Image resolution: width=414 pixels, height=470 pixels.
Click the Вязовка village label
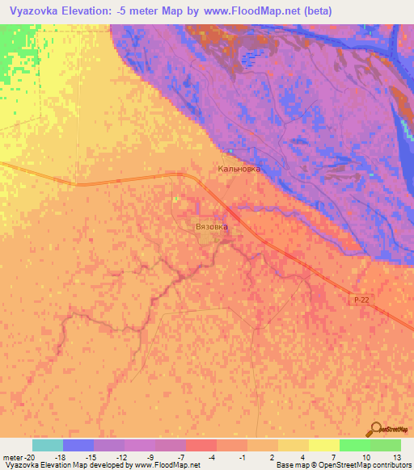213,227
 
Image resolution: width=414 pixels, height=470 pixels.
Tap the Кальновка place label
239,170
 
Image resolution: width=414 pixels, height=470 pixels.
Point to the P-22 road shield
362,300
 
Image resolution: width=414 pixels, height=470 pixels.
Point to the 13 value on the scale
396,456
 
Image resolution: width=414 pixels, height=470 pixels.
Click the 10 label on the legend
366,456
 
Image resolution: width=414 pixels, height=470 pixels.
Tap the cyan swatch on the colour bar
48,445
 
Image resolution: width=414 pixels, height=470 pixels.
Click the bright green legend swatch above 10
355,445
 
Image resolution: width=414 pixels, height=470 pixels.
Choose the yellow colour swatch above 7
324,445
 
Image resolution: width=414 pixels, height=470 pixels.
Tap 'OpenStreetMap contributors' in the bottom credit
364,466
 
